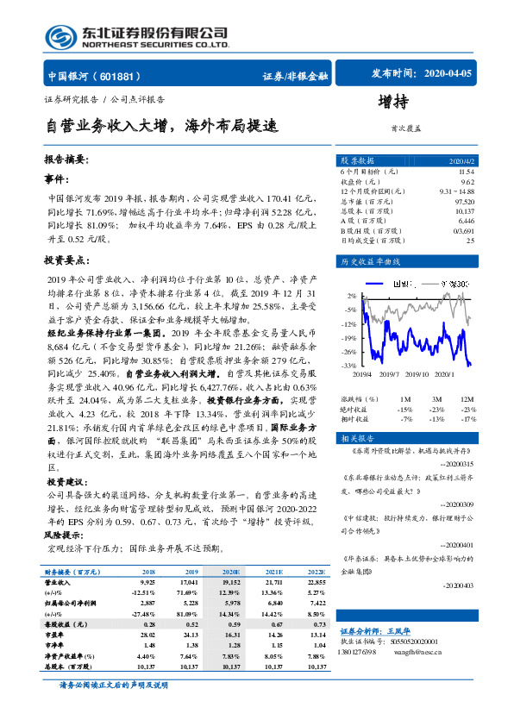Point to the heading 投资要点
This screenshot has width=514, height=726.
pos(65,260)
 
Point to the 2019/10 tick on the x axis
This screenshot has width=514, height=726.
pos(416,374)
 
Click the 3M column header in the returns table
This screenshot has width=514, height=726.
pos(437,398)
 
